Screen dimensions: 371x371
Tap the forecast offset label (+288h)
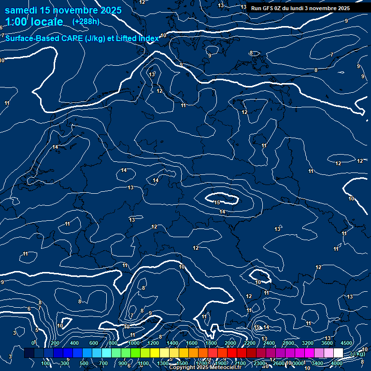(86, 21)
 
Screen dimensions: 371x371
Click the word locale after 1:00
(45, 22)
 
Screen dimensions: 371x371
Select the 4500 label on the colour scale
(346, 343)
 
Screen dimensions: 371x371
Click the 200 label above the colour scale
(55, 343)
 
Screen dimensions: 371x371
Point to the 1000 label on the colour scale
(133, 343)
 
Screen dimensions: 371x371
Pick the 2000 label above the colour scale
(230, 343)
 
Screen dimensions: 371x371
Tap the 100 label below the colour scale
(46, 363)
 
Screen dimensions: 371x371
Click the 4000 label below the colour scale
(337, 363)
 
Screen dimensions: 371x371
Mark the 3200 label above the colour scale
(308, 343)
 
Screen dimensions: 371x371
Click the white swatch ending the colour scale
(338, 353)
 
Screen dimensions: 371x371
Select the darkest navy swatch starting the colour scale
(29, 353)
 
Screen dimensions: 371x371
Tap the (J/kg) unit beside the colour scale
(357, 354)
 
